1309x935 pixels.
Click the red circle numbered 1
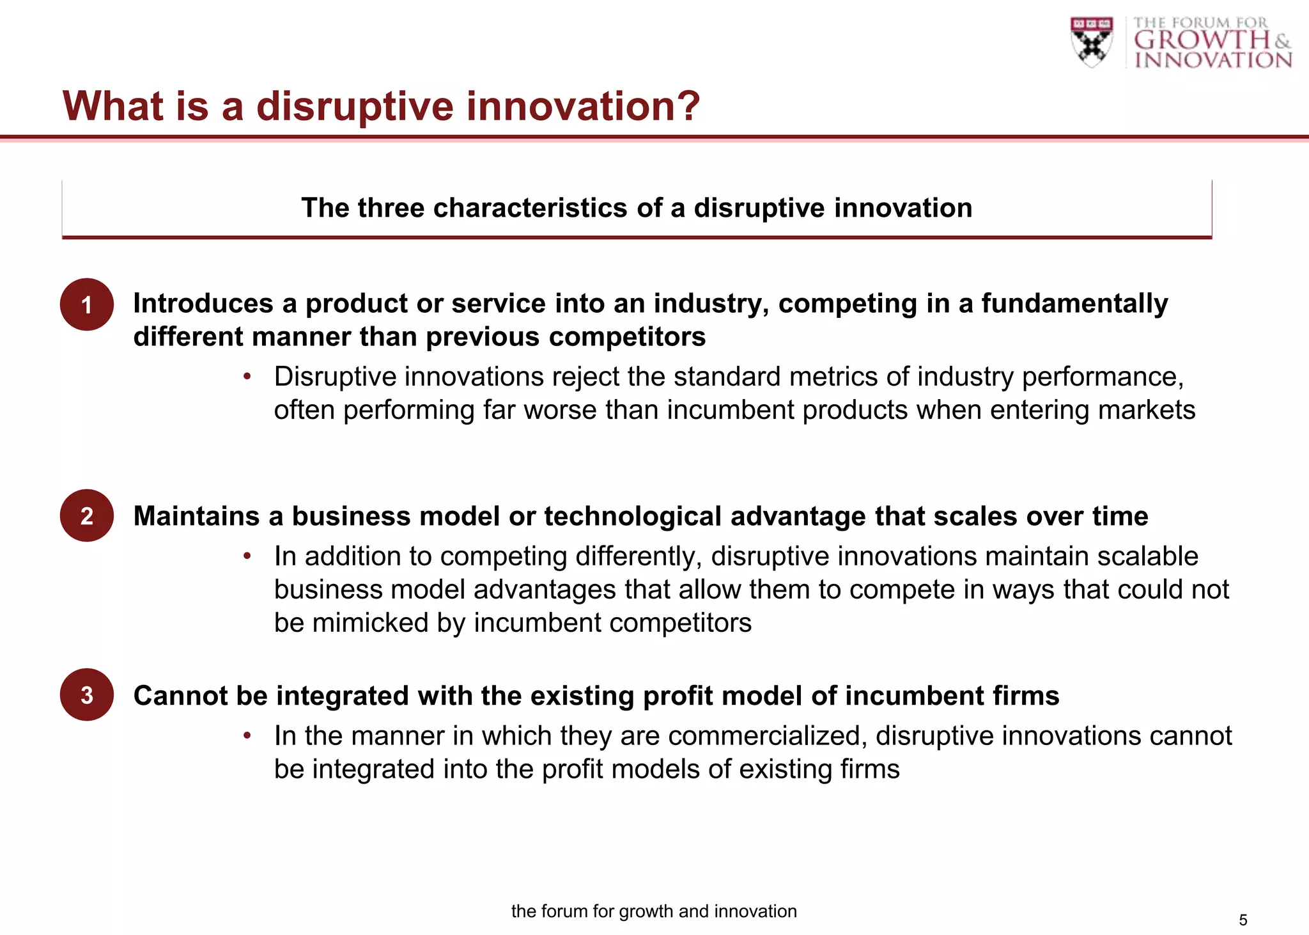click(x=87, y=304)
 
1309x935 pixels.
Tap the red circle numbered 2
click(x=87, y=515)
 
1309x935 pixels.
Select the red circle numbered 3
click(x=87, y=695)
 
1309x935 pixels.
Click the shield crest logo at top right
click(x=1092, y=42)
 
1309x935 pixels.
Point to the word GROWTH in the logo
click(x=1202, y=40)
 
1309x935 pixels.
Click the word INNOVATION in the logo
click(x=1213, y=60)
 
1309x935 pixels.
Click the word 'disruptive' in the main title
click(x=355, y=107)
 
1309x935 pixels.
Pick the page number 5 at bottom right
click(x=1243, y=920)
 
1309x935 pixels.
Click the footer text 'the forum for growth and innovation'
click(x=654, y=911)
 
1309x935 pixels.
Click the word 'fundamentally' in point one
click(x=1074, y=303)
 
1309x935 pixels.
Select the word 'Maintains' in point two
click(x=196, y=516)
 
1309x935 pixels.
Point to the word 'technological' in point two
click(x=632, y=516)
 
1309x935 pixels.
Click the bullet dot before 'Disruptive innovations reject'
click(x=247, y=377)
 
